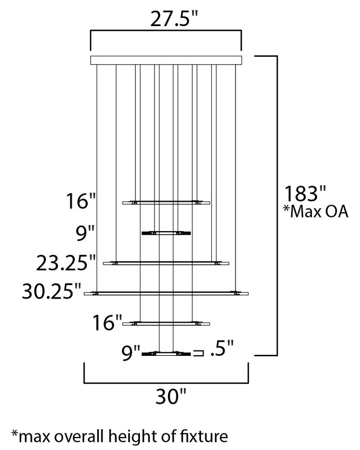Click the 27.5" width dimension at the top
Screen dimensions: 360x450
pyautogui.click(x=174, y=19)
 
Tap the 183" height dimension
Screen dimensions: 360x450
pyautogui.click(x=305, y=194)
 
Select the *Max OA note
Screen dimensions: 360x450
pyautogui.click(x=316, y=212)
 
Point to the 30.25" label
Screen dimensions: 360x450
pyautogui.click(x=52, y=291)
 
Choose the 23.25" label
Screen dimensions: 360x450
pyautogui.click(x=66, y=263)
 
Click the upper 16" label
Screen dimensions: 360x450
pyautogui.click(x=81, y=201)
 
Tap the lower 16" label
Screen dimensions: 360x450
pyautogui.click(x=107, y=323)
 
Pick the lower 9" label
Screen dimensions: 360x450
pyautogui.click(x=130, y=353)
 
